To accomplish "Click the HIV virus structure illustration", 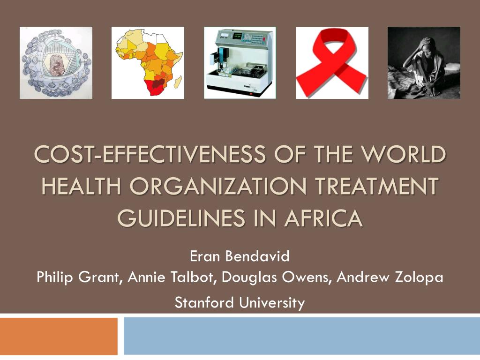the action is click(56, 63).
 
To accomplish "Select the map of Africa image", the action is click(148, 63).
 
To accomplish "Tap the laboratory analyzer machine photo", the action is click(240, 63).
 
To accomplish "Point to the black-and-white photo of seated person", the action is click(424, 63).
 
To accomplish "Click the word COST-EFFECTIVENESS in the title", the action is click(150, 154).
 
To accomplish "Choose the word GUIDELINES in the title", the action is click(181, 218).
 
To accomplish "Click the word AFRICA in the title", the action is click(324, 218).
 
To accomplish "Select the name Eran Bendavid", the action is click(240, 256).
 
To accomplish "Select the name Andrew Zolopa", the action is click(390, 277).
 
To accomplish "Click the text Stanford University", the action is click(240, 302).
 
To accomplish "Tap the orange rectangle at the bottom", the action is click(59, 336).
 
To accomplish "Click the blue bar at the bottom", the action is click(302, 336).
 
